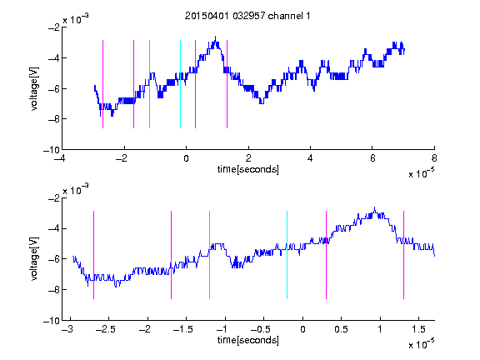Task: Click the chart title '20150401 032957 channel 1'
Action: click(x=247, y=16)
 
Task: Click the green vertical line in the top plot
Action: click(x=149, y=84)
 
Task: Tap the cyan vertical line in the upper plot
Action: click(x=180, y=84)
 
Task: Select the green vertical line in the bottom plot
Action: click(x=209, y=255)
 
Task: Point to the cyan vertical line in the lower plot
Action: click(x=287, y=255)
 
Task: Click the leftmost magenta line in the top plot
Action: click(x=102, y=84)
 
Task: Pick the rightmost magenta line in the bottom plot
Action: click(x=403, y=255)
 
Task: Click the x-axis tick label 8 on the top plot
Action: click(x=434, y=158)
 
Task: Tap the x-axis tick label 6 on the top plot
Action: click(x=372, y=158)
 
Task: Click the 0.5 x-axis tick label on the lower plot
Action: click(x=341, y=329)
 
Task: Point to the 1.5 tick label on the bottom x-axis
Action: click(x=419, y=329)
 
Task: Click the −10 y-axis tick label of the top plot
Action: click(x=52, y=150)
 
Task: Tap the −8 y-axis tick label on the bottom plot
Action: click(x=54, y=290)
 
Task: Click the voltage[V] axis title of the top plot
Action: click(x=35, y=89)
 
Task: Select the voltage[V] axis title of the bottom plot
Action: click(x=35, y=258)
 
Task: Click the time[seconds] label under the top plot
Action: click(x=248, y=169)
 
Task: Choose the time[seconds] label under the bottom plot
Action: click(x=248, y=340)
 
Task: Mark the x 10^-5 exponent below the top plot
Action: click(x=421, y=172)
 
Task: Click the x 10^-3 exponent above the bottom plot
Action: click(x=76, y=189)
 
